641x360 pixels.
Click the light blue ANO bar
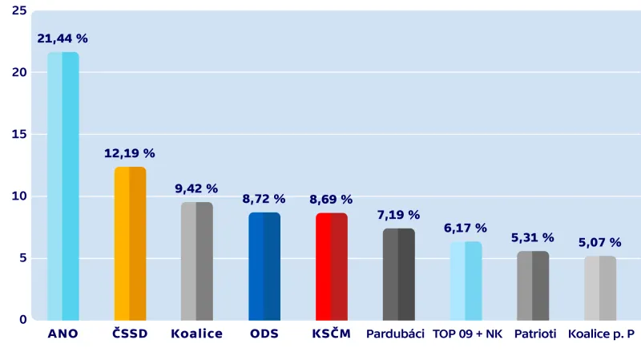click(x=62, y=186)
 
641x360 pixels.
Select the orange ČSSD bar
click(x=130, y=244)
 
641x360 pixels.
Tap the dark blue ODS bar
click(x=264, y=265)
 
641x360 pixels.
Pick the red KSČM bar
click(x=331, y=265)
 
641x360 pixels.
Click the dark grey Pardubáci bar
click(x=398, y=274)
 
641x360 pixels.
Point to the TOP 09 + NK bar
click(x=466, y=281)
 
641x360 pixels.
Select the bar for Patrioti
click(x=533, y=285)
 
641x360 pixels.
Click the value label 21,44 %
click(x=62, y=38)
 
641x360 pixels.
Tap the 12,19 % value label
click(x=130, y=153)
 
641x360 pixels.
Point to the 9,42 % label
click(x=196, y=188)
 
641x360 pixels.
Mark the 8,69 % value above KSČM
click(x=331, y=199)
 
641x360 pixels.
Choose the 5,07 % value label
click(x=600, y=242)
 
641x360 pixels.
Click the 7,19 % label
click(x=398, y=215)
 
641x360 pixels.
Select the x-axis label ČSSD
click(x=130, y=334)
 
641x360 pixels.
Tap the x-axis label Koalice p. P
click(x=600, y=334)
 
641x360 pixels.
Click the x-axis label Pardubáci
click(x=395, y=334)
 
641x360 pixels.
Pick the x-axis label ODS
click(x=264, y=334)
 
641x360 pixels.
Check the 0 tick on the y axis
click(x=22, y=320)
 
